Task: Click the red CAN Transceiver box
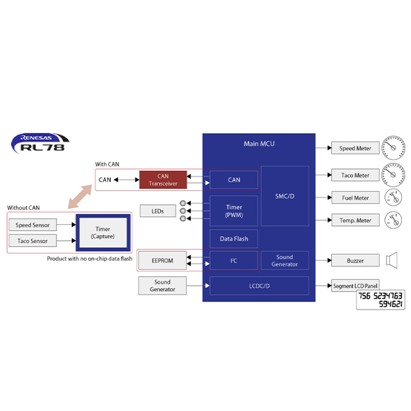[163, 180]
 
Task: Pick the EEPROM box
[162, 261]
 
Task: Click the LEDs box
[157, 211]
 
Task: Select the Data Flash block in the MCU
[234, 239]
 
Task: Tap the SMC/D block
[284, 196]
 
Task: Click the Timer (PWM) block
[234, 211]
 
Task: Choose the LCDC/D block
[259, 285]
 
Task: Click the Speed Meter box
[354, 148]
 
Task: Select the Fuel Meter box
[354, 198]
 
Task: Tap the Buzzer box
[354, 261]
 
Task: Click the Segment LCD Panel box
[354, 285]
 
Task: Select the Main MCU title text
[259, 143]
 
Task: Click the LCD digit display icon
[381, 301]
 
